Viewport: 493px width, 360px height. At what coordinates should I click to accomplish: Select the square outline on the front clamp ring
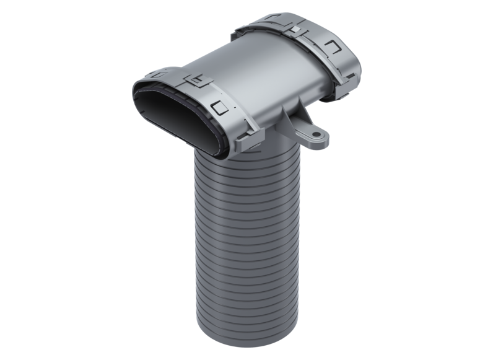pyautogui.click(x=218, y=107)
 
